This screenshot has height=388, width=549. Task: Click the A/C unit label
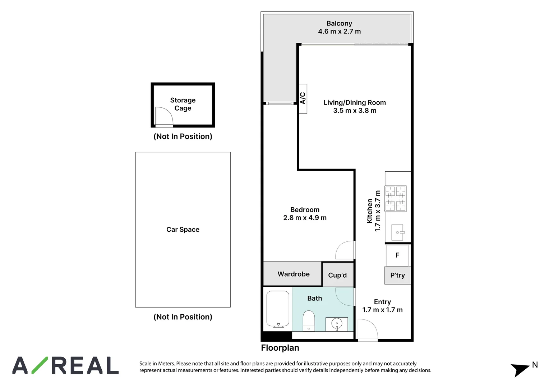point(303,98)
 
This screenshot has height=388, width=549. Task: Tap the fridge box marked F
point(397,255)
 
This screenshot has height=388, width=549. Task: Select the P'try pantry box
point(397,275)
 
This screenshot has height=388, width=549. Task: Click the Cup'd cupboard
point(338,275)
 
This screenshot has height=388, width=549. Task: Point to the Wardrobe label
point(294,274)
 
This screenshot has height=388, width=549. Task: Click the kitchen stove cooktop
point(396,199)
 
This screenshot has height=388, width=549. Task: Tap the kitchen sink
point(397,232)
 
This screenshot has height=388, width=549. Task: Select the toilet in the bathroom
point(309,321)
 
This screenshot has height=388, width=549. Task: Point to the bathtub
point(278,309)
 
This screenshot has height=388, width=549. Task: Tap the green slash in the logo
point(40,365)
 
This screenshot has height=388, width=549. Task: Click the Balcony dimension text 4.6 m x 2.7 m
point(340,31)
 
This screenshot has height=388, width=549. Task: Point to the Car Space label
point(183,230)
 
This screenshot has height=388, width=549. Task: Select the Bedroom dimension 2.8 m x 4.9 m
point(305,218)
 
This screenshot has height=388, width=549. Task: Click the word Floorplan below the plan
point(280,348)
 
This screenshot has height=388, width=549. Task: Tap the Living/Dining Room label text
point(355,102)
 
